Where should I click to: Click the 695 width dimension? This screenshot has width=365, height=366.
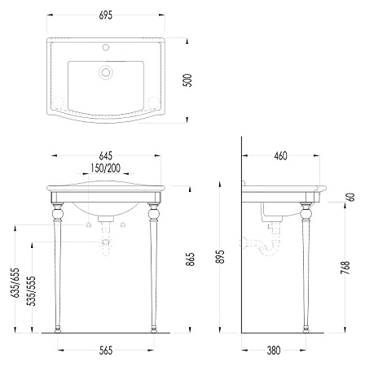105,15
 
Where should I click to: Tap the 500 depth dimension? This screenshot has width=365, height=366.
187,81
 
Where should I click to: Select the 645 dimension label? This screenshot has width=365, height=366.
105,156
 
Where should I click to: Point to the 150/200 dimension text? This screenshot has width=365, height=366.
105,168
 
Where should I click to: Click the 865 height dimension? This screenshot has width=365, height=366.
191,259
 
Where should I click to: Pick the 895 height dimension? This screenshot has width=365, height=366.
222,256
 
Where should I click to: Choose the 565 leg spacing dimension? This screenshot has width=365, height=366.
105,351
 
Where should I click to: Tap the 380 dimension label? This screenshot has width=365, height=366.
274,351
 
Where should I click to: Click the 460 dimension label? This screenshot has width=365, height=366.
280,156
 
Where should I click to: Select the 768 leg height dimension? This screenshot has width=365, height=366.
345,268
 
